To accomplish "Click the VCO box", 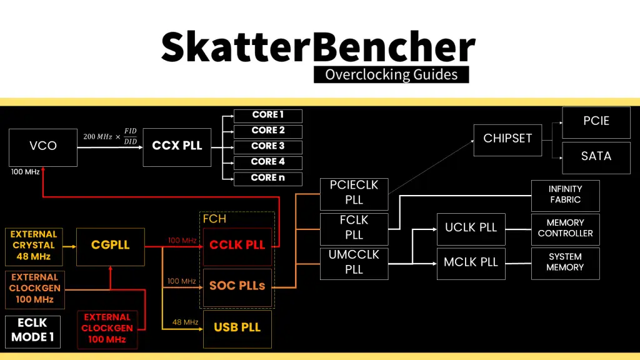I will tap(43, 147).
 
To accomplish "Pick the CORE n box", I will tap(268, 178).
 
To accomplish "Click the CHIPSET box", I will tap(507, 139).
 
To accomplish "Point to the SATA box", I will tap(596, 156).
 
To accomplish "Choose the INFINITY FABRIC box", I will tap(565, 195).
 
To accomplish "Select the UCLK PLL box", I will tap(471, 228).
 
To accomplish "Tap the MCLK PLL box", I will tap(471, 262).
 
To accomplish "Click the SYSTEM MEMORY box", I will tap(565, 262).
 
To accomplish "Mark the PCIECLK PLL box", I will tap(354, 193).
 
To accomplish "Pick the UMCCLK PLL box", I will tap(354, 262).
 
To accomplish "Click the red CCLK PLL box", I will tap(237, 246).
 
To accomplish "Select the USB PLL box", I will tap(237, 328).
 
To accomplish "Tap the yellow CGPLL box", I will tap(111, 246).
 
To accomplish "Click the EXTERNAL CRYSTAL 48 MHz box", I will tap(34, 246).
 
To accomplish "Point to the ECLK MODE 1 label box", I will tap(33, 332).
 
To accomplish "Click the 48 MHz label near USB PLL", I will tap(185, 322).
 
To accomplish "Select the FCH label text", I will tap(214, 219).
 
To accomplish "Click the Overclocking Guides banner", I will tap(391, 75).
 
